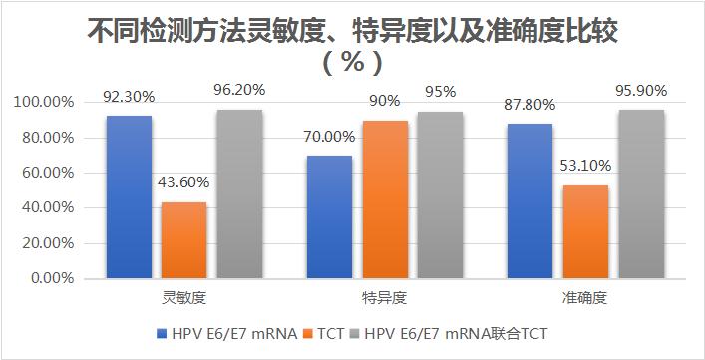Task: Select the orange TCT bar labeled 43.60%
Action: coord(184,239)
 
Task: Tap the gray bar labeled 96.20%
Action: coord(239,193)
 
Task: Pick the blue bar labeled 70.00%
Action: coord(329,216)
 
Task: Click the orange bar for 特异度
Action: coord(384,199)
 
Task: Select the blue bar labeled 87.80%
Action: coord(529,200)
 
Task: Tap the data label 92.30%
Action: coord(128,98)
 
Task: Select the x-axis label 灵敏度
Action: coord(184,298)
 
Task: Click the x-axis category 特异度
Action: coord(384,298)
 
